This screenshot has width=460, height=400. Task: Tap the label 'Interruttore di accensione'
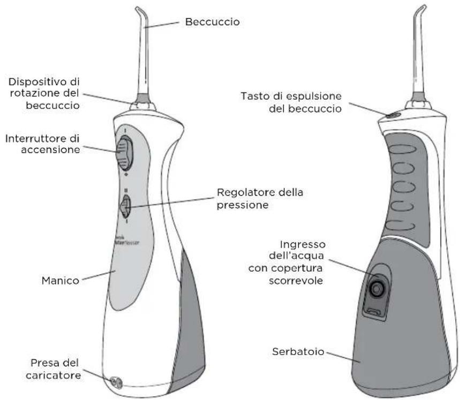pos(42,144)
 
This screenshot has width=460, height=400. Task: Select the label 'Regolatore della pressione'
pos(252,198)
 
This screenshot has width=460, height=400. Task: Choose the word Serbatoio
pos(297,352)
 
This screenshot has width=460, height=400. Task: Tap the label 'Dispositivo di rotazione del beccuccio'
pos(44,93)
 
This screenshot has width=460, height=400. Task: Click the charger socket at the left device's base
pos(115,382)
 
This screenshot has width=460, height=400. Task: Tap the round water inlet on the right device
pos(377,289)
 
